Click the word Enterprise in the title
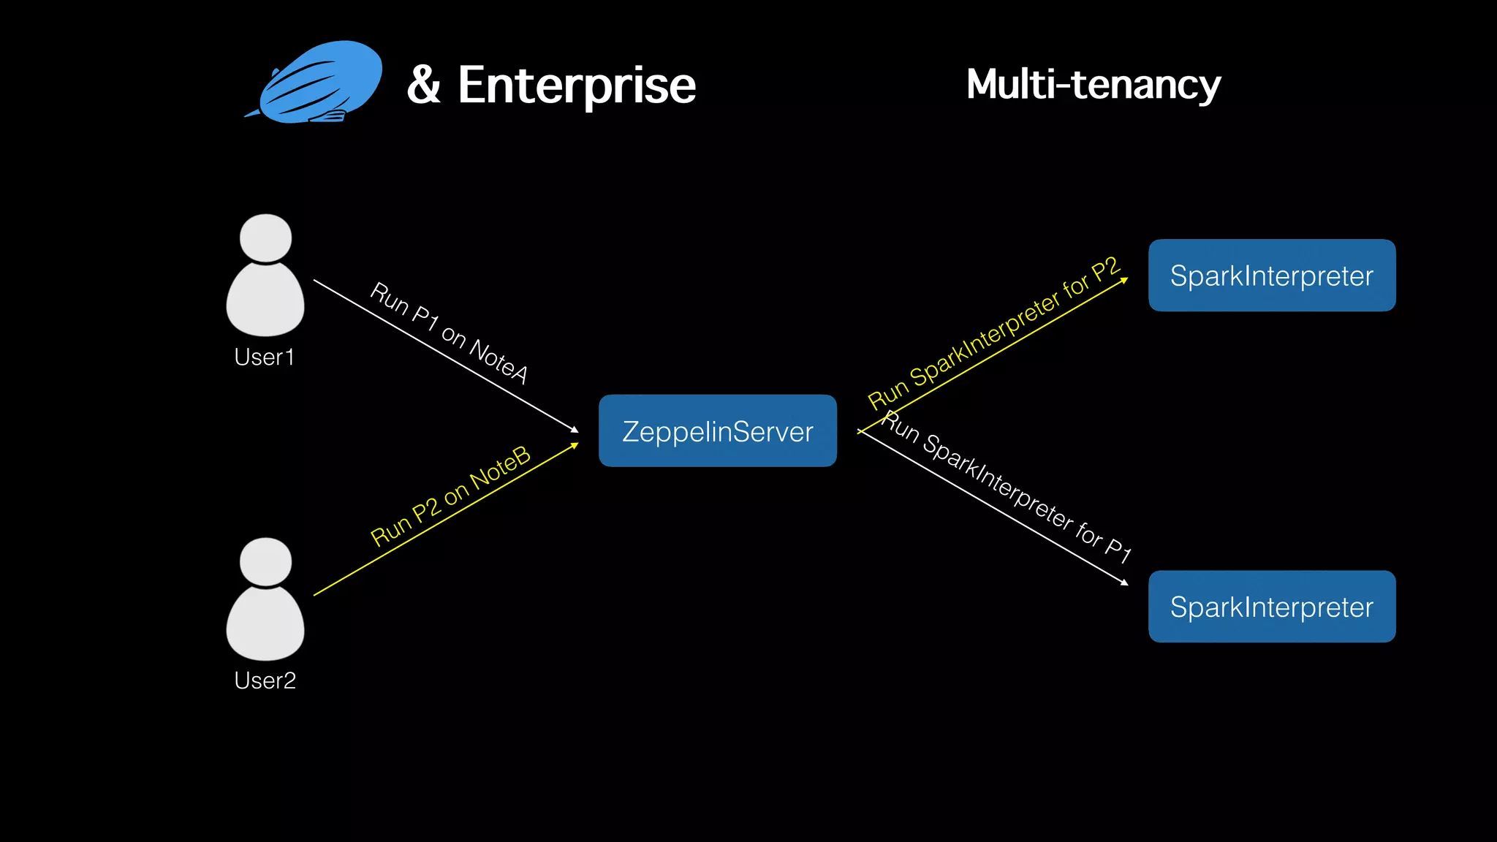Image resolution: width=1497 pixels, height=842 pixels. (x=577, y=86)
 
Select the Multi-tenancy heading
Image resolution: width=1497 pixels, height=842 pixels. (x=1093, y=84)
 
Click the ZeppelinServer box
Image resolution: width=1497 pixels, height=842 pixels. (x=717, y=431)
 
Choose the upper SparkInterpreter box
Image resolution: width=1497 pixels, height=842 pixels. (x=1271, y=276)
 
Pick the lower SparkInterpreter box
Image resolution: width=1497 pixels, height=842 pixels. (x=1271, y=607)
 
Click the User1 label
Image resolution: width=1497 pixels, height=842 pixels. (x=265, y=357)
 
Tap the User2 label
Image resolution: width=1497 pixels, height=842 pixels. (x=265, y=680)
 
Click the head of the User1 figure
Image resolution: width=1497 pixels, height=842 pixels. (x=265, y=238)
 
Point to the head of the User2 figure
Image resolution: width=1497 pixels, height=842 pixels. (x=265, y=561)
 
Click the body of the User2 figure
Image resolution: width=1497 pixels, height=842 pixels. (x=265, y=625)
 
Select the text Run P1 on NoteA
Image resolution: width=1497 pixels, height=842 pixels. (x=449, y=332)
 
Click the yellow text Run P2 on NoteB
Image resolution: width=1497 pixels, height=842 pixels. (x=450, y=496)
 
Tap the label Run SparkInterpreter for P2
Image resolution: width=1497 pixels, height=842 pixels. (x=993, y=333)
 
